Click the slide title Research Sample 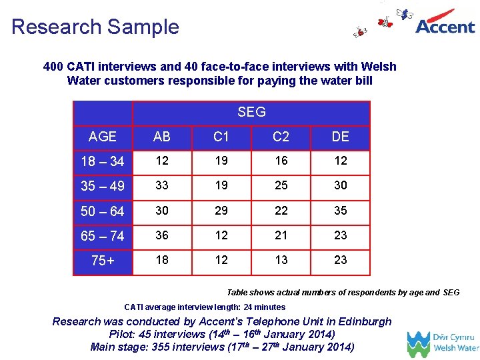pos(95,27)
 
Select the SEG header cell pos(251,113)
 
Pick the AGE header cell pos(102,137)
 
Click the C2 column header pos(281,137)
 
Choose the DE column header pos(340,137)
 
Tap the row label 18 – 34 pos(102,161)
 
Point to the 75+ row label pos(102,261)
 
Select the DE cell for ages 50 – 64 pos(340,211)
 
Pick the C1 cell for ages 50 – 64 pos(221,211)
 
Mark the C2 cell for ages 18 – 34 pos(281,161)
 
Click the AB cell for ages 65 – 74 pos(161,235)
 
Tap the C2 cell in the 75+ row pos(281,260)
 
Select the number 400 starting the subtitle pos(53,67)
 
